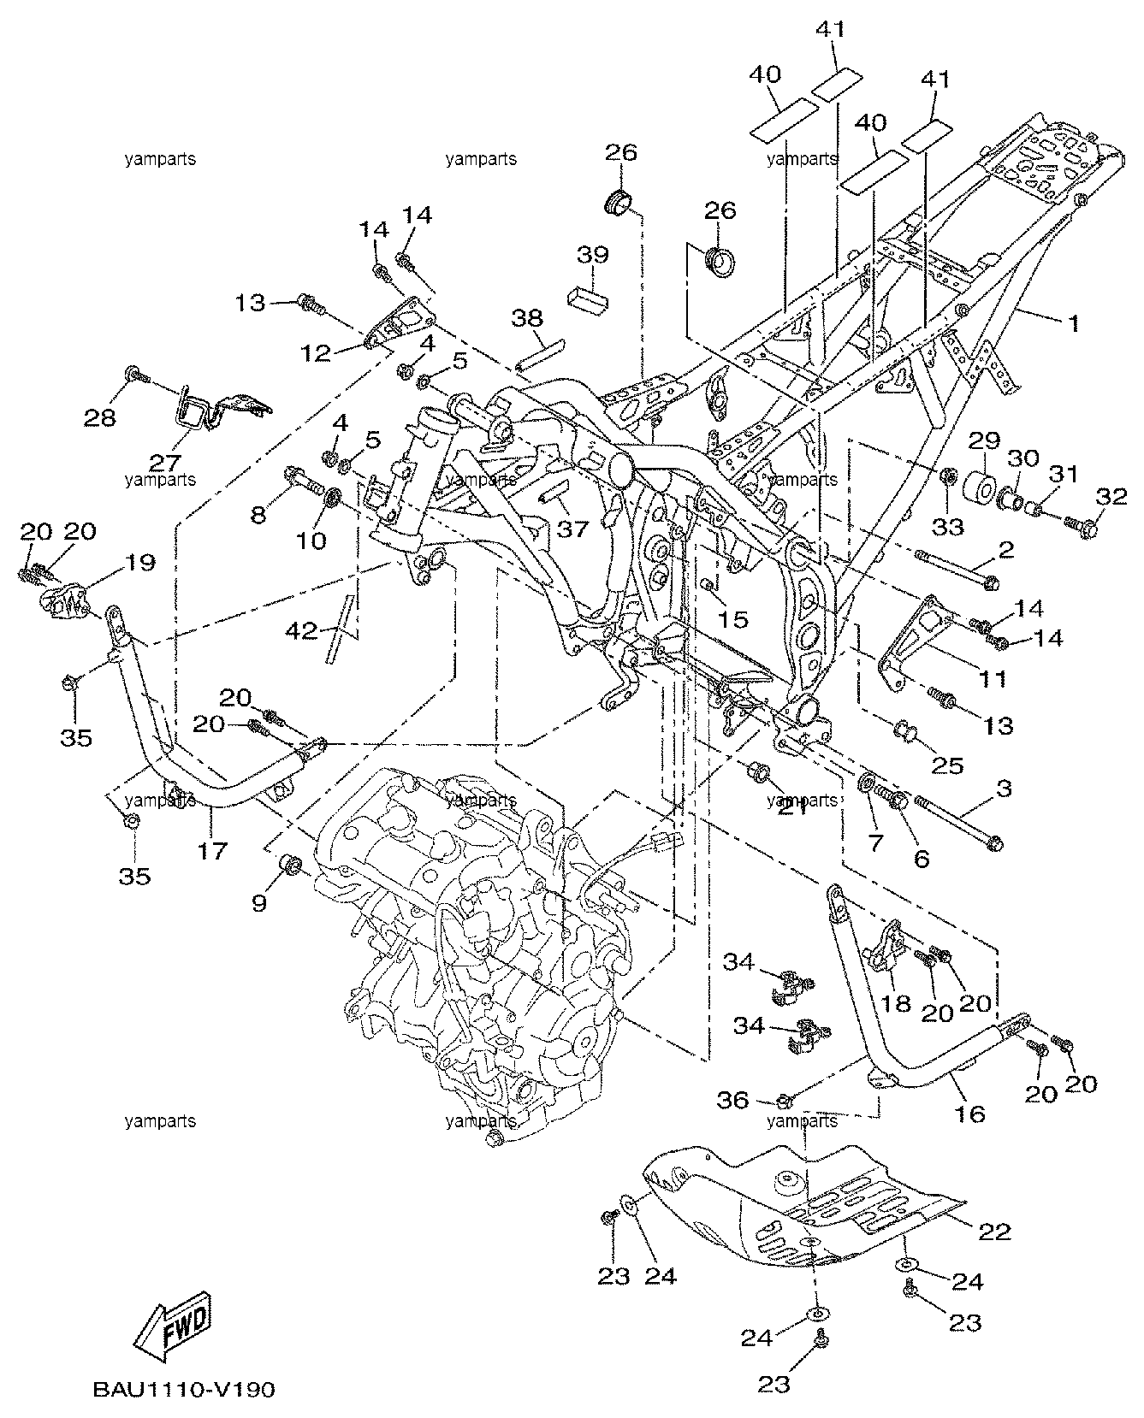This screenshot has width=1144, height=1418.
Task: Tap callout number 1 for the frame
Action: (x=1072, y=324)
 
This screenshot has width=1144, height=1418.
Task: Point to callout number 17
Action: (x=213, y=851)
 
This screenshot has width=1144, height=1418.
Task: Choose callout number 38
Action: (x=527, y=318)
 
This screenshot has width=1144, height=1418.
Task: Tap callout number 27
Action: (x=166, y=463)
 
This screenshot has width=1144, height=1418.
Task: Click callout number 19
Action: (x=142, y=563)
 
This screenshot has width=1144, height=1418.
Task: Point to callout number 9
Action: (x=259, y=902)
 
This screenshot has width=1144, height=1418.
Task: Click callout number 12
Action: (x=316, y=352)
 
